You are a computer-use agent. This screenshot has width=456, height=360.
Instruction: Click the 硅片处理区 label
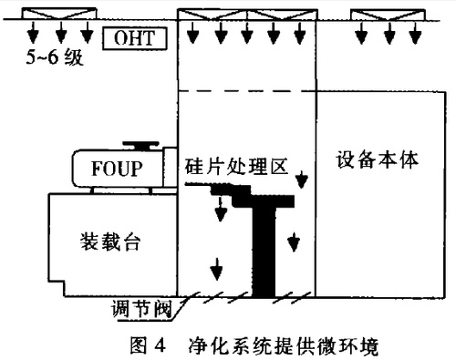tap(236, 168)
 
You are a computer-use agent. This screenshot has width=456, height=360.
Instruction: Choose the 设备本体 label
tap(376, 158)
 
